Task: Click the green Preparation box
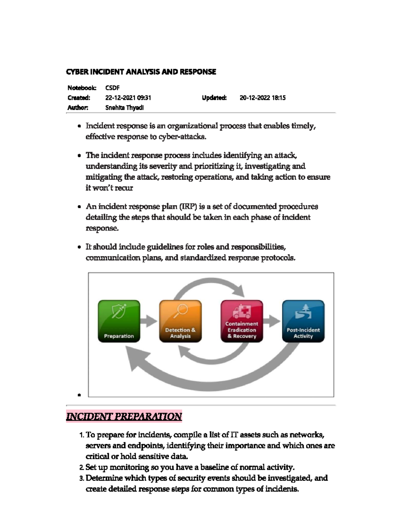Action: coord(119,321)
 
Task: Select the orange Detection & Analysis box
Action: coord(180,321)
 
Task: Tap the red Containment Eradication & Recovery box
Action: coord(242,321)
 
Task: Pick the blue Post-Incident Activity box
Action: coord(303,321)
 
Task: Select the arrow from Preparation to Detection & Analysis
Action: coord(149,321)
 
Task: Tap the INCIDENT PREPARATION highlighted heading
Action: coord(124,416)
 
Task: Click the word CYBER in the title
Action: coord(75,72)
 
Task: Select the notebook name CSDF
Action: coord(112,88)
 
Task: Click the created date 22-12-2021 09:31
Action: coord(128,98)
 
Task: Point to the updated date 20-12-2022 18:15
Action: coord(263,98)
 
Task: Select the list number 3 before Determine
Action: coord(82,479)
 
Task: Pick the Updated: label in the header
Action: coord(214,98)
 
